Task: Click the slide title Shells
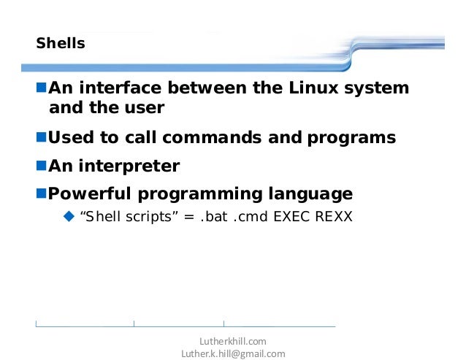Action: (61, 44)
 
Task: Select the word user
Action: (144, 109)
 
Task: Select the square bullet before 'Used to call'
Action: (42, 137)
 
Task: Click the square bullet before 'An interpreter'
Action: (42, 166)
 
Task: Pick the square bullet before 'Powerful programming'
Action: (42, 194)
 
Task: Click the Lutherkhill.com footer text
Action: (233, 341)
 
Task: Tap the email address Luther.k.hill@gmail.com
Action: (233, 353)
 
